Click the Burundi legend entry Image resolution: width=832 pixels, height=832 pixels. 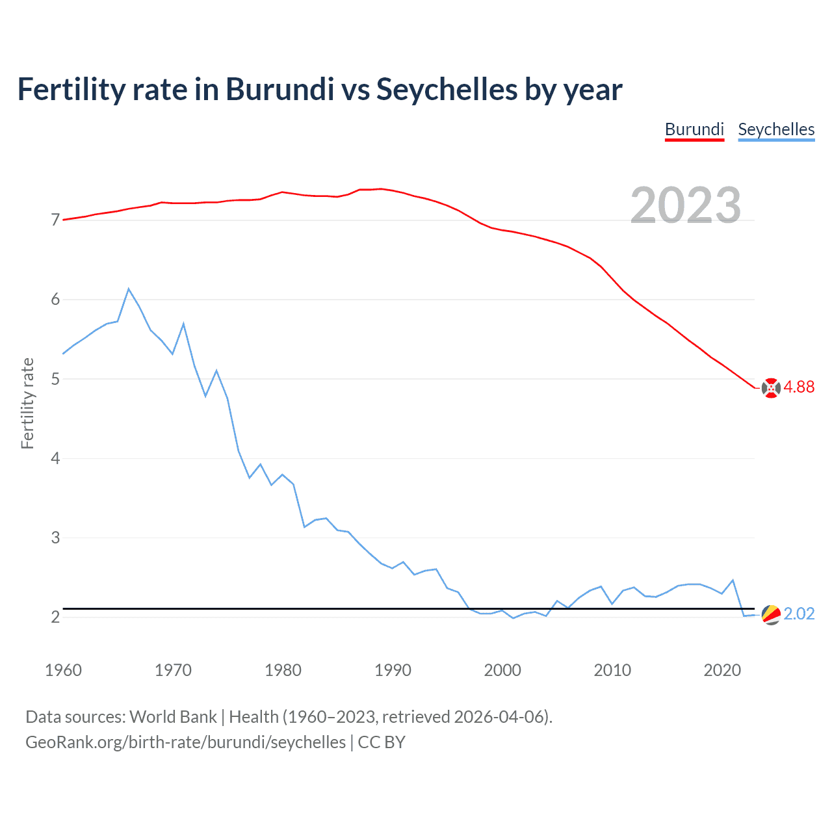point(694,129)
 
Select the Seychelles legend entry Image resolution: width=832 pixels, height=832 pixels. point(776,129)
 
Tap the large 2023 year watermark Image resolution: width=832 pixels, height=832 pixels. point(686,205)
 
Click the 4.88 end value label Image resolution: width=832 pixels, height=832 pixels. point(799,387)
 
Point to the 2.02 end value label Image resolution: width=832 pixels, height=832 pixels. point(799,614)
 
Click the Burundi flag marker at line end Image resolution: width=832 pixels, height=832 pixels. point(771,388)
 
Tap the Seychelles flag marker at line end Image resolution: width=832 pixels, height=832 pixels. point(771,615)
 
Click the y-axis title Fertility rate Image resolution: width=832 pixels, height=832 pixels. point(27,403)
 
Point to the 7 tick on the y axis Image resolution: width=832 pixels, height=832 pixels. point(55,220)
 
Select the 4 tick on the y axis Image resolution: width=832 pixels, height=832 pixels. point(55,459)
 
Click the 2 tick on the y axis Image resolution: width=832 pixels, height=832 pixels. point(55,617)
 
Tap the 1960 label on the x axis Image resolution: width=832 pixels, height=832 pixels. point(63,670)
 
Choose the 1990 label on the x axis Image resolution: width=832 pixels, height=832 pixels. point(393,670)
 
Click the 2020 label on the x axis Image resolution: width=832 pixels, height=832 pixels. point(722,670)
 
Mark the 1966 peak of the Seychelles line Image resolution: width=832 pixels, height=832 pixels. point(129,289)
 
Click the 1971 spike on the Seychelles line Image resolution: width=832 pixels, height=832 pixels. point(184,324)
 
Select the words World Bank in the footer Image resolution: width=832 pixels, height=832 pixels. point(173,717)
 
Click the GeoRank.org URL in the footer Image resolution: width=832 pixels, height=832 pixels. point(185,742)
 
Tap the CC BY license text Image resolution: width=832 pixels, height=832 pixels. point(382,742)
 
